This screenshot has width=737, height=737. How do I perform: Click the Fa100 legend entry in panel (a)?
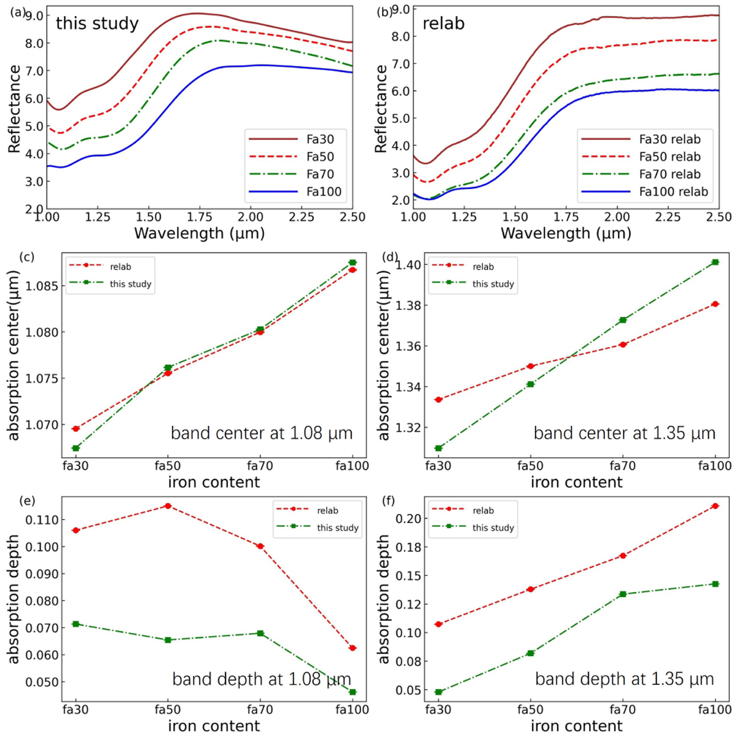[324, 192]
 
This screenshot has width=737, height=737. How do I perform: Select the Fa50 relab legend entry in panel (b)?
[669, 157]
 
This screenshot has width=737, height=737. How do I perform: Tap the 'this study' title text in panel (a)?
[97, 24]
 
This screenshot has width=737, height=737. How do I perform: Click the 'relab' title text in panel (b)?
[443, 24]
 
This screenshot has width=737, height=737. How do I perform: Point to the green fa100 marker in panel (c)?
[353, 262]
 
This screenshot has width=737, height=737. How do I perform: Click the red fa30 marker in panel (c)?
[76, 428]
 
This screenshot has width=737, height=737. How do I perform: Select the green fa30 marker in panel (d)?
[439, 448]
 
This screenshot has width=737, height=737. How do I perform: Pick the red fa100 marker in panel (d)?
[715, 304]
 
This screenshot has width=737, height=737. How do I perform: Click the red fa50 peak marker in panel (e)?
[168, 506]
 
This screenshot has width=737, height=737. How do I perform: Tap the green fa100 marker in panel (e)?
[353, 692]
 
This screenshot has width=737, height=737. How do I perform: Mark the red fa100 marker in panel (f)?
[715, 506]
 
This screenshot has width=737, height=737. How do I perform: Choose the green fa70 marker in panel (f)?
[623, 594]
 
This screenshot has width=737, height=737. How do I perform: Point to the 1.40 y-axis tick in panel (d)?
[408, 265]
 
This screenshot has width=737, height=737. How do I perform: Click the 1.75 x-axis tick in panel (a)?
[199, 217]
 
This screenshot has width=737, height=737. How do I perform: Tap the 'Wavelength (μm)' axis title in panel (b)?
[566, 234]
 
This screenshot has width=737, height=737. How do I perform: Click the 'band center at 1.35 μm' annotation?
[624, 433]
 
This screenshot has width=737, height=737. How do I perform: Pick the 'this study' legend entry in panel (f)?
[493, 527]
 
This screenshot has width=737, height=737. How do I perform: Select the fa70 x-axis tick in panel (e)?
[260, 709]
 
